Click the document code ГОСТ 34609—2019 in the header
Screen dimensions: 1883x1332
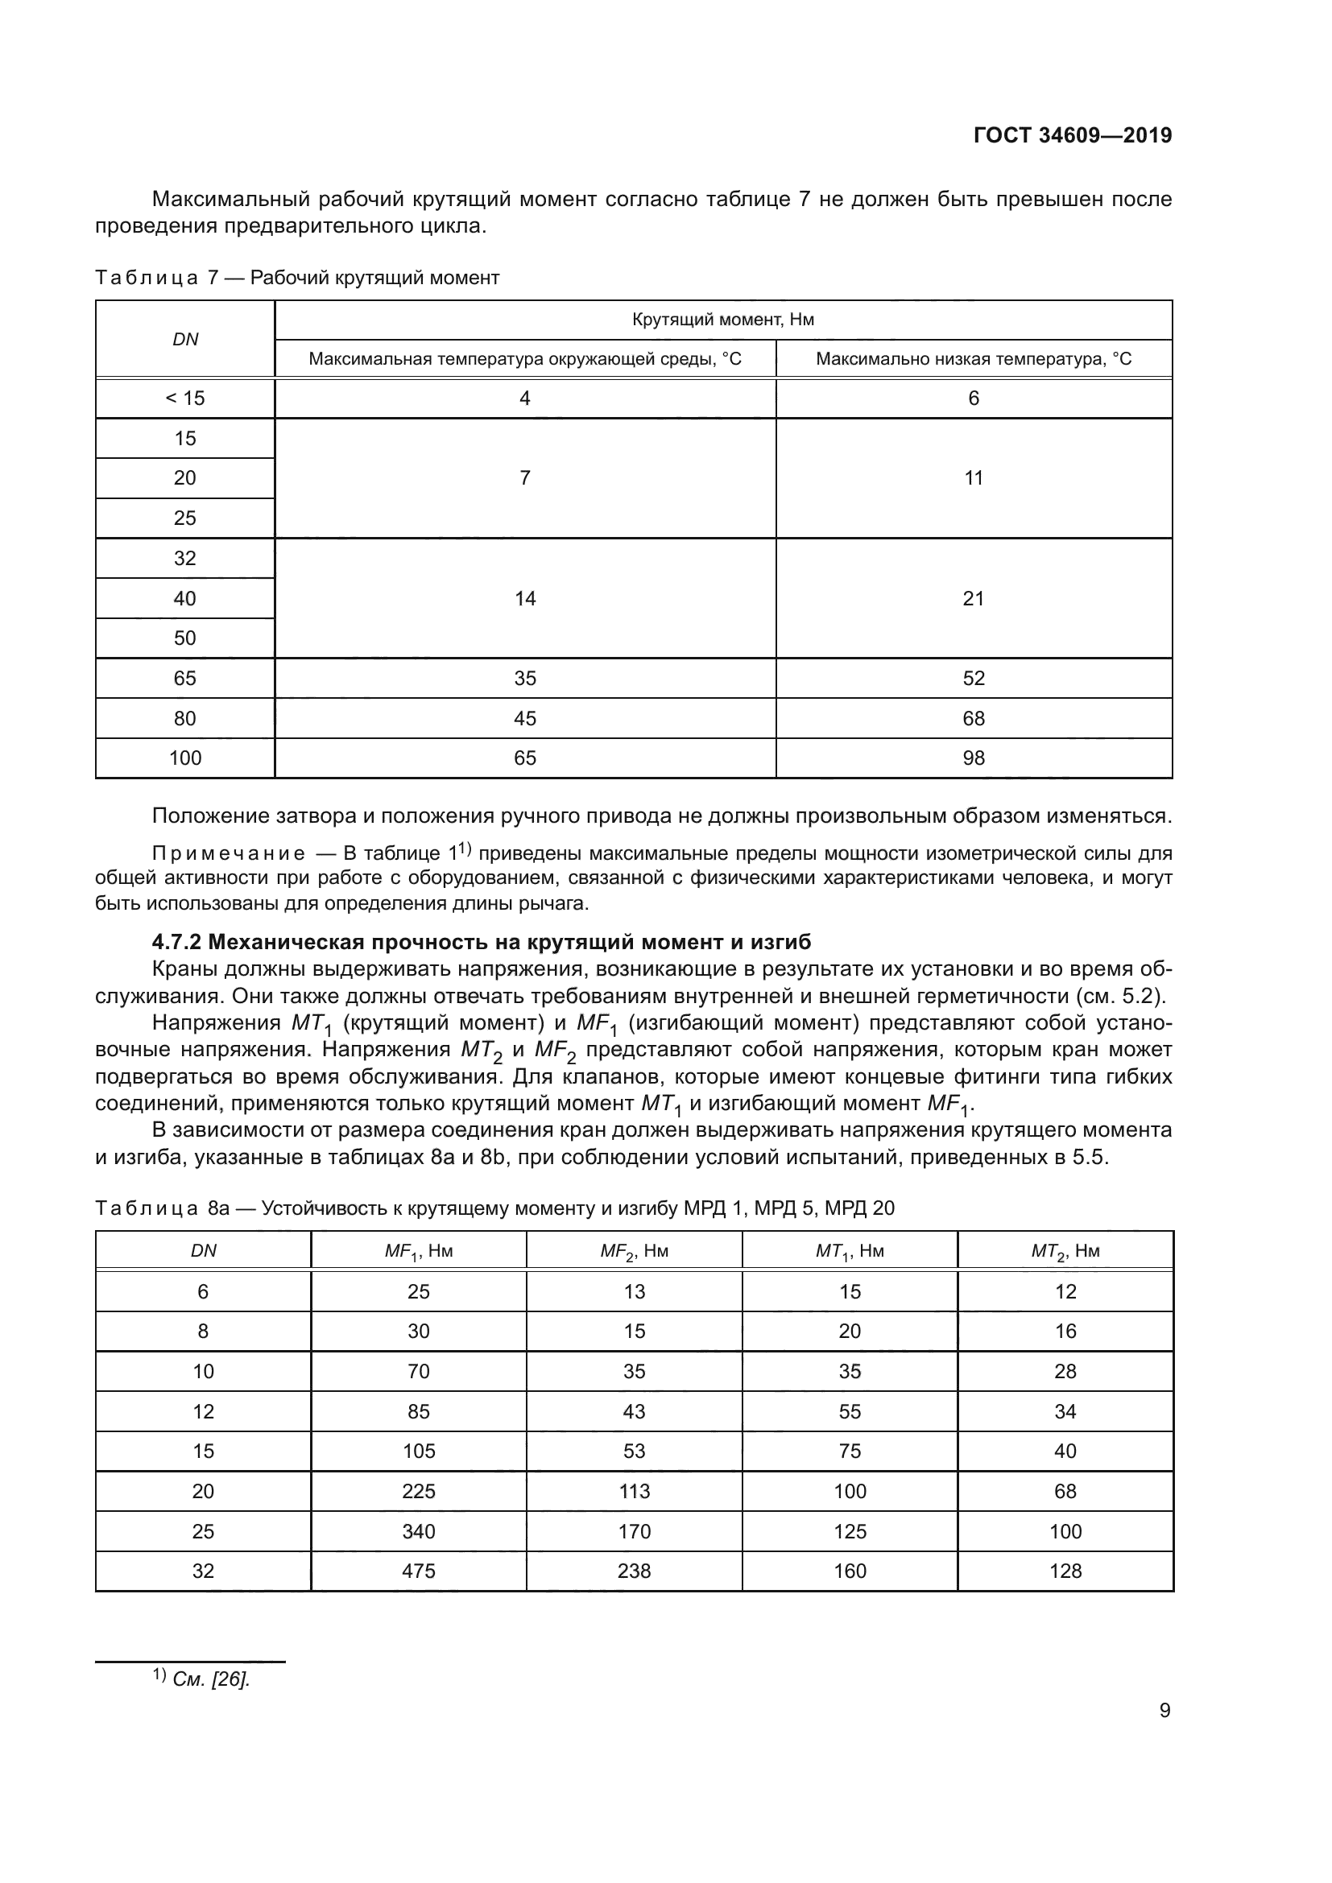coord(1072,136)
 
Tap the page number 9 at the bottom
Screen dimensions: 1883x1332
coord(1164,1710)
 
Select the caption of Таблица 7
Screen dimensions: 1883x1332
coord(297,278)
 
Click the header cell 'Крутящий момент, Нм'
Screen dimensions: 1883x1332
coord(722,320)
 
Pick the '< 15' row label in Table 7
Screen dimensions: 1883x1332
coord(185,398)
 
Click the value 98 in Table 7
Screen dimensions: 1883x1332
coord(974,758)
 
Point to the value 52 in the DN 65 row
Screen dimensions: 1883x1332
coord(974,678)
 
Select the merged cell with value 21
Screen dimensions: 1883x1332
coord(974,599)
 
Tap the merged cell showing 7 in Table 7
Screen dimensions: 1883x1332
coord(525,478)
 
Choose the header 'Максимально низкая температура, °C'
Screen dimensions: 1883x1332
coord(974,359)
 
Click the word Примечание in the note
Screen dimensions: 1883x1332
coord(229,853)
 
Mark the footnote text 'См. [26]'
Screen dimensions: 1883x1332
coord(211,1679)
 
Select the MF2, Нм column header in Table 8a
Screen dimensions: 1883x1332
coord(634,1252)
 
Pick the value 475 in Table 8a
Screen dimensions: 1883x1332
coord(418,1571)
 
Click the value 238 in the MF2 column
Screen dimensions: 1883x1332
coord(634,1571)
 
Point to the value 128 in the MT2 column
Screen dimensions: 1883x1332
coord(1065,1571)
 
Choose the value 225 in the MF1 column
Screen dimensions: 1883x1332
coord(418,1492)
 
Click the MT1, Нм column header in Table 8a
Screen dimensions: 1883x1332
coord(850,1252)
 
